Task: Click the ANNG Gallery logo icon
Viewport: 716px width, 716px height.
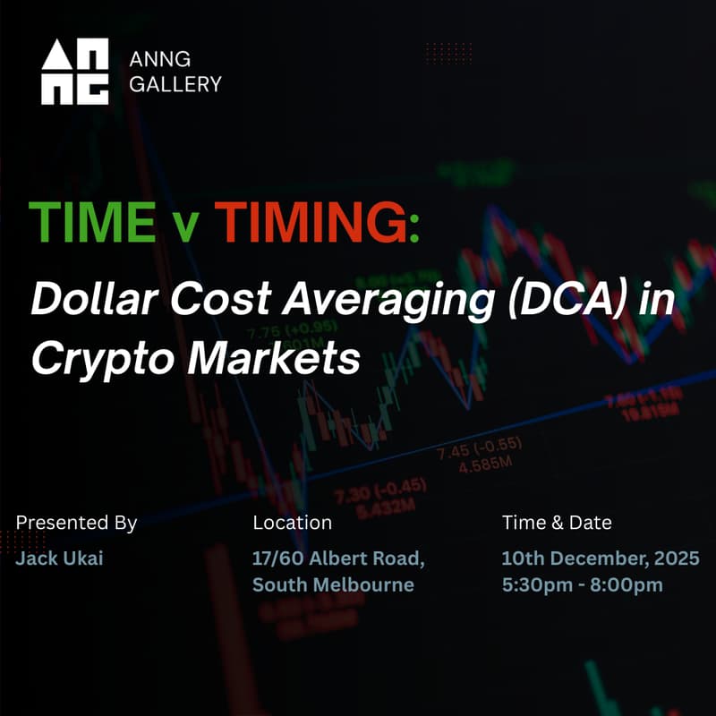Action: coord(75,72)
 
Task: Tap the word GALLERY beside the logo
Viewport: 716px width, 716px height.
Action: coord(175,85)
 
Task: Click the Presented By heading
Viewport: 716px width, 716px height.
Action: coord(77,523)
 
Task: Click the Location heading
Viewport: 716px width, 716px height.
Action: coord(293,523)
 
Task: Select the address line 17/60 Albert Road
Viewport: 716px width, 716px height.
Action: coord(338,559)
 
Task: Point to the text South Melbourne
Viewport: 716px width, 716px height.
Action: coord(333,585)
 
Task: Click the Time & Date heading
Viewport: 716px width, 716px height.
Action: coord(557,523)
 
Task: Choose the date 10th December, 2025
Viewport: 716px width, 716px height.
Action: coord(601,559)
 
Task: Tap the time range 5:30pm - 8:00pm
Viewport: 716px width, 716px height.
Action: coord(582,585)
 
